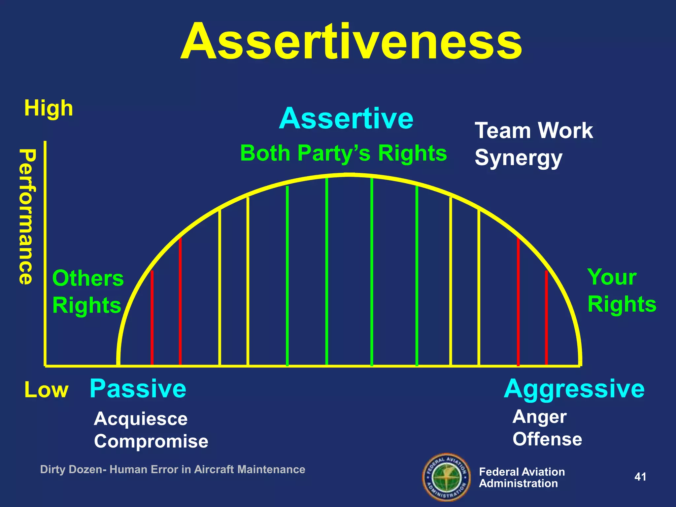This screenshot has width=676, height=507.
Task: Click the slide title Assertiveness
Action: pyautogui.click(x=351, y=42)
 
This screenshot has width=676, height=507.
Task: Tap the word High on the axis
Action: pyautogui.click(x=49, y=108)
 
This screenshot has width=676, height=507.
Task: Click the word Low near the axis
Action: pyautogui.click(x=46, y=390)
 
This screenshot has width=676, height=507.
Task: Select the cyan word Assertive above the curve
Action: pyautogui.click(x=346, y=118)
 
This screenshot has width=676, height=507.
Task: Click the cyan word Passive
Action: pyautogui.click(x=138, y=389)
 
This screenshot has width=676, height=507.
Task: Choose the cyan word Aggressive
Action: pyautogui.click(x=574, y=389)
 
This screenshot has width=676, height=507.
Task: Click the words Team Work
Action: pyautogui.click(x=534, y=131)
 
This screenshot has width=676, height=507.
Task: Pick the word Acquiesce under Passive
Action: pyautogui.click(x=141, y=419)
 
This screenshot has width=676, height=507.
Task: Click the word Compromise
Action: pyautogui.click(x=151, y=441)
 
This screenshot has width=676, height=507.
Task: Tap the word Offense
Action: pyautogui.click(x=547, y=439)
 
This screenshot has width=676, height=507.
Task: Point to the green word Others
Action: pyautogui.click(x=88, y=278)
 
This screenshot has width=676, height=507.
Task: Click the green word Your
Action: pyautogui.click(x=612, y=277)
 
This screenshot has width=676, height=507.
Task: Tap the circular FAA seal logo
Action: pyautogui.click(x=447, y=477)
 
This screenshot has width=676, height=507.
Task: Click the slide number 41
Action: pyautogui.click(x=640, y=477)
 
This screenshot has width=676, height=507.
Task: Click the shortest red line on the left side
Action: pyautogui.click(x=152, y=317)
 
